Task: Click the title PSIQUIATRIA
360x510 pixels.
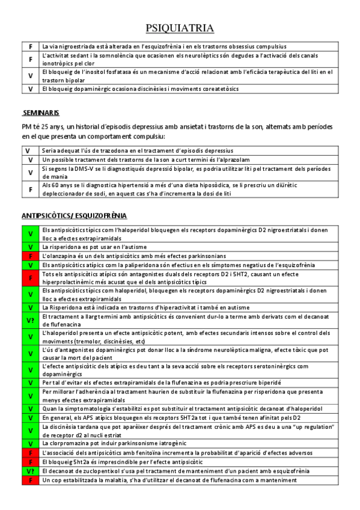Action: (180, 28)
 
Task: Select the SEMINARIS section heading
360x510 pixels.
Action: (41, 113)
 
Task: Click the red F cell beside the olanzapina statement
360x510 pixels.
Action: (30, 256)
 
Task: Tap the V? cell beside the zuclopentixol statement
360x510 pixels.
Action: (30, 471)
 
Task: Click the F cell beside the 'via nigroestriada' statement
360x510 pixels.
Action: (30, 46)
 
